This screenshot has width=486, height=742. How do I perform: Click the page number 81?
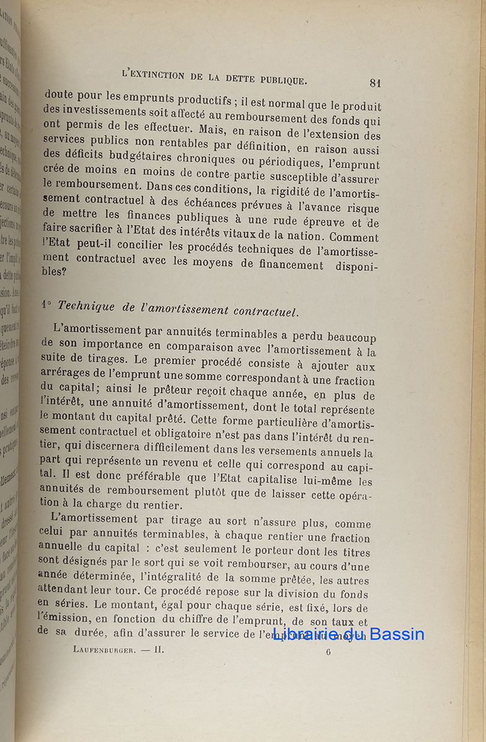click(x=374, y=83)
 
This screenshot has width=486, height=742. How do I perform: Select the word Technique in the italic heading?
click(x=86, y=305)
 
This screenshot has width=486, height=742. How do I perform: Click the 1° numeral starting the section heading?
click(x=46, y=304)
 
